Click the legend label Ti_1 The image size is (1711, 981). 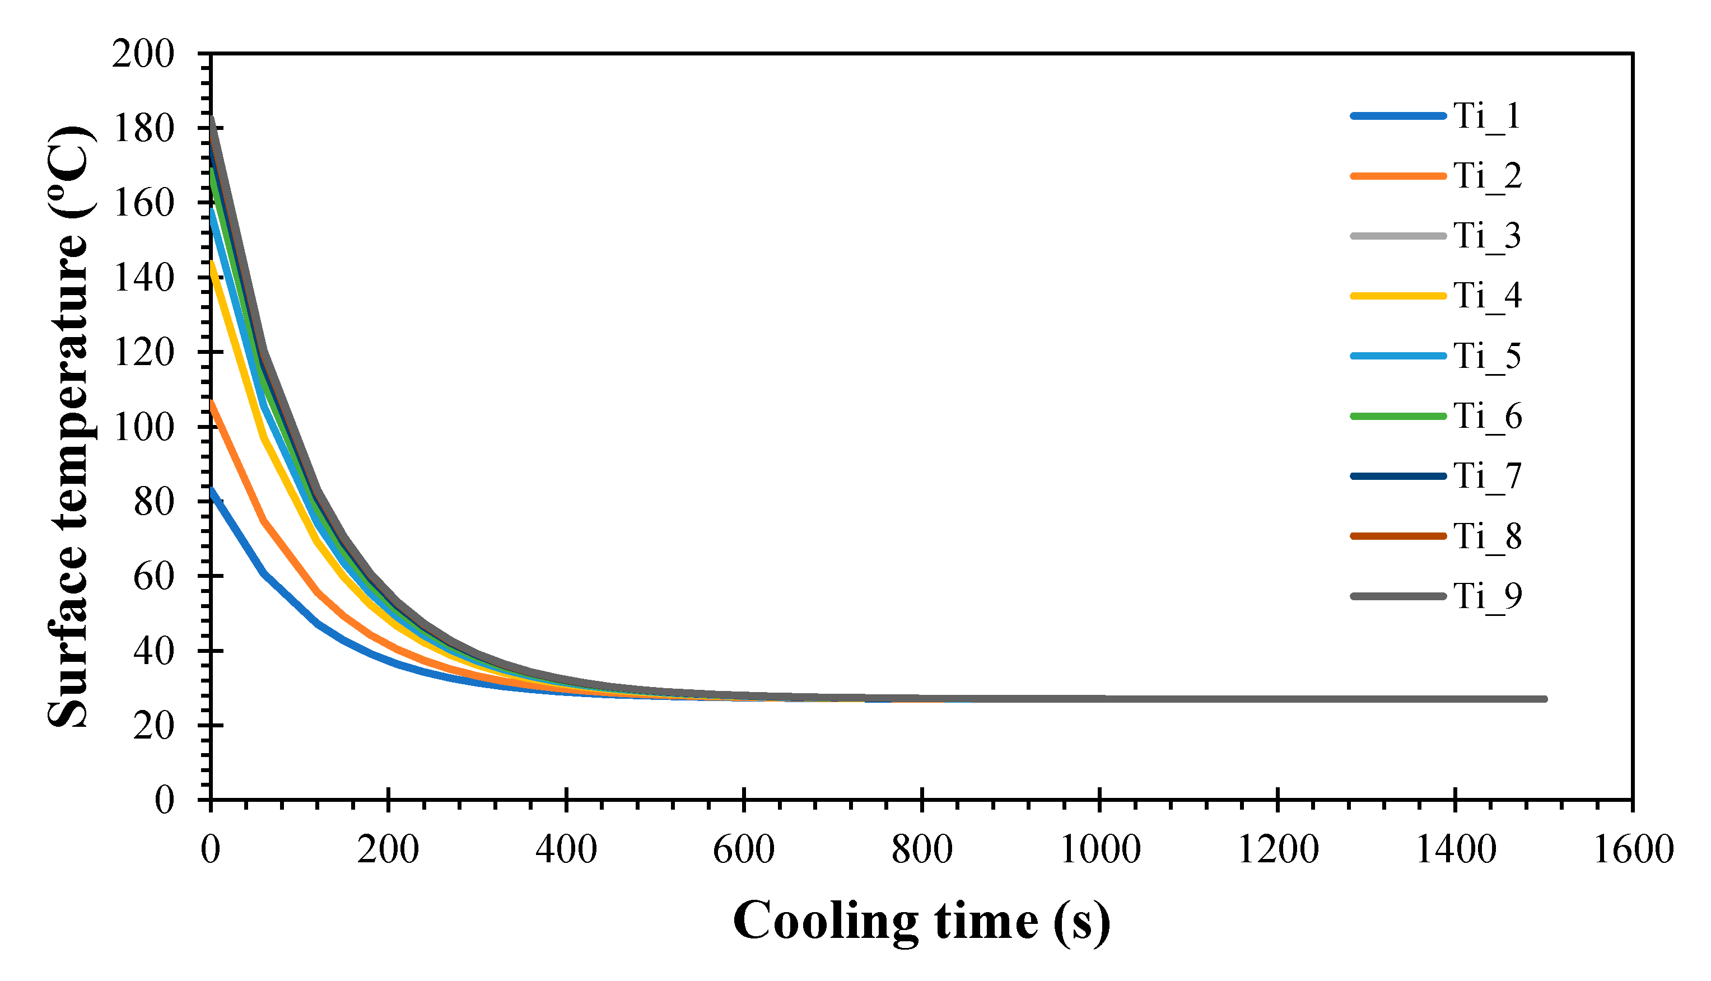[x=1486, y=116]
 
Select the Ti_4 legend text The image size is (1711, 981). [x=1486, y=296]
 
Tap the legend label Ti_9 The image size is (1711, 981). [x=1486, y=596]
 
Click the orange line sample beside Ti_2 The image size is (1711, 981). [x=1398, y=176]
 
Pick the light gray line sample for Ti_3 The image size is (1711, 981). [x=1398, y=236]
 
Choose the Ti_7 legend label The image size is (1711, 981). [x=1486, y=476]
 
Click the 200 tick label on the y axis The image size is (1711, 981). [x=143, y=54]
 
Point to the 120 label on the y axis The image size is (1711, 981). [x=143, y=352]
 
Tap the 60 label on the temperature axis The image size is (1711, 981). [x=153, y=577]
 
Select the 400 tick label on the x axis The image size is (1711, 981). [x=566, y=849]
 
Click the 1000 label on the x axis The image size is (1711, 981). [x=1100, y=849]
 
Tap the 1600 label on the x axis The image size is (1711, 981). [x=1632, y=849]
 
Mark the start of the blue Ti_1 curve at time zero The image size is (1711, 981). [x=212, y=490]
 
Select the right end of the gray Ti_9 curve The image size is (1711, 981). [x=1545, y=699]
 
